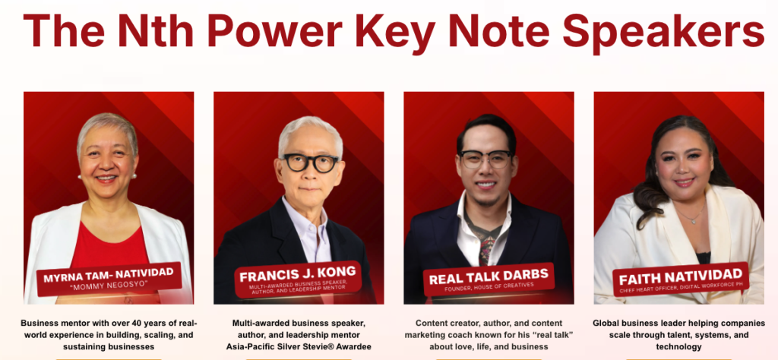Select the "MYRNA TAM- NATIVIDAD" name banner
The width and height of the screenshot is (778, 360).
[x=109, y=279]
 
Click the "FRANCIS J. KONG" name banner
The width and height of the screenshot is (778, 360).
[x=298, y=279]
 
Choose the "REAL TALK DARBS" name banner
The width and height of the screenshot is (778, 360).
[x=489, y=279]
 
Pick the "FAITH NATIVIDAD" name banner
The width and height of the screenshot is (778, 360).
[x=681, y=279]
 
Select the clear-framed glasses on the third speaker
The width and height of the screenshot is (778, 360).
[x=485, y=159]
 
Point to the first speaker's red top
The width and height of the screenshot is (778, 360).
[x=109, y=245]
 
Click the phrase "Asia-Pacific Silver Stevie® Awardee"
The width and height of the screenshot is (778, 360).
[x=298, y=346]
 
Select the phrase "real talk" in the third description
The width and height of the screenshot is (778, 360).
[x=553, y=335]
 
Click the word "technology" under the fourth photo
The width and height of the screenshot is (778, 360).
[x=678, y=347]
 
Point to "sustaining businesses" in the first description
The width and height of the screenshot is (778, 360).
[x=108, y=346]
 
